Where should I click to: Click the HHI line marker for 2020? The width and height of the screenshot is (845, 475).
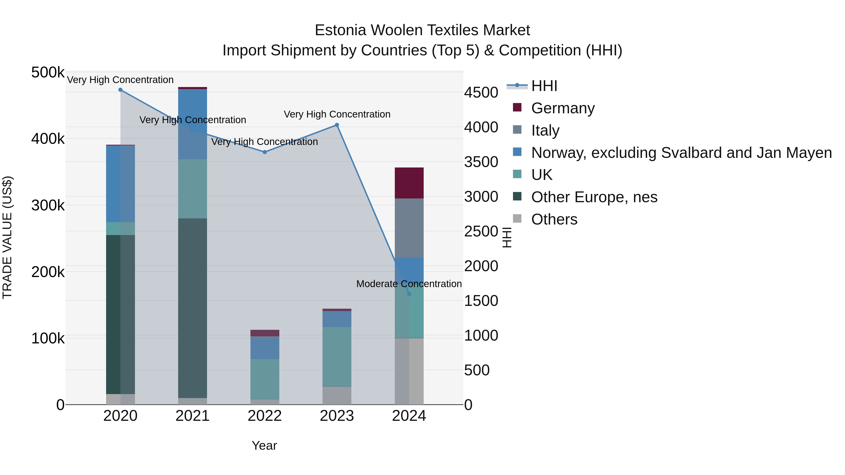pyautogui.click(x=120, y=90)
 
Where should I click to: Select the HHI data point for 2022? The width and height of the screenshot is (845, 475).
pyautogui.click(x=265, y=152)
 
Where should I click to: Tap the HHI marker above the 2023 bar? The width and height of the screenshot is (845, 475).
pyautogui.click(x=337, y=125)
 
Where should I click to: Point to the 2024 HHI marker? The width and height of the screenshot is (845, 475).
pyautogui.click(x=409, y=294)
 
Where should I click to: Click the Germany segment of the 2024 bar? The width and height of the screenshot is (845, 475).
pyautogui.click(x=409, y=183)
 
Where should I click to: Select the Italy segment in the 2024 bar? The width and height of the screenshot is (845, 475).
pyautogui.click(x=409, y=228)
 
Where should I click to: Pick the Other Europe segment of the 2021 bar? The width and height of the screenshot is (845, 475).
pyautogui.click(x=192, y=308)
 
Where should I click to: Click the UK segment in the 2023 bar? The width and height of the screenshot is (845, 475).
pyautogui.click(x=337, y=356)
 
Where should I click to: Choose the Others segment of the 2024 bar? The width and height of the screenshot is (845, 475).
pyautogui.click(x=409, y=371)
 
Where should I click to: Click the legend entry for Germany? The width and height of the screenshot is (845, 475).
pyautogui.click(x=563, y=108)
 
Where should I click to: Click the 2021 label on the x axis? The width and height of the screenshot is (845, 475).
pyautogui.click(x=192, y=416)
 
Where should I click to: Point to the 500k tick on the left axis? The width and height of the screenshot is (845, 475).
pyautogui.click(x=48, y=72)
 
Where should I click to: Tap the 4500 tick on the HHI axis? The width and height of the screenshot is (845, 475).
pyautogui.click(x=481, y=93)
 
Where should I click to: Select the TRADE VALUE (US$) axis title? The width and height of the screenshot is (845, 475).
pyautogui.click(x=7, y=237)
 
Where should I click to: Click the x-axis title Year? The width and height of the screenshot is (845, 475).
pyautogui.click(x=264, y=445)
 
